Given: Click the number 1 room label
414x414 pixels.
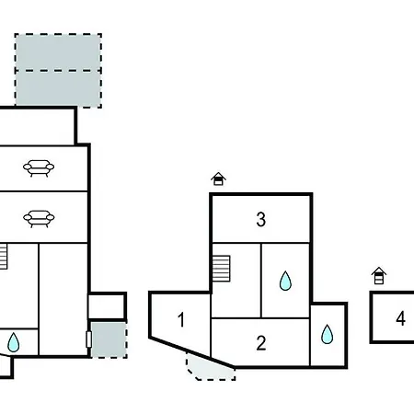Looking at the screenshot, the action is pyautogui.click(x=181, y=319).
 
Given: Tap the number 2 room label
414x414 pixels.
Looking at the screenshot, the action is pyautogui.click(x=261, y=343).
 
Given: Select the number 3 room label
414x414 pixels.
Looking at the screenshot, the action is pyautogui.click(x=261, y=219).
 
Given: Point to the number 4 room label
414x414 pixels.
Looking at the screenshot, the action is pyautogui.click(x=400, y=318).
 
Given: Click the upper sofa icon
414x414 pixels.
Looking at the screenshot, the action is pyautogui.click(x=39, y=168).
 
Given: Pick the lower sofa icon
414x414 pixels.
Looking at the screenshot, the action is pyautogui.click(x=39, y=219).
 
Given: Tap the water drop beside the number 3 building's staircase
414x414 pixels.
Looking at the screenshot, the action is pyautogui.click(x=285, y=281).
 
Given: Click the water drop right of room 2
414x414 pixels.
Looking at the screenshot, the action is pyautogui.click(x=327, y=334).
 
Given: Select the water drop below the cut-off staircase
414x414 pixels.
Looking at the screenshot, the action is pyautogui.click(x=13, y=342).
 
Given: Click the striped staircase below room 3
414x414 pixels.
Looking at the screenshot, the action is pyautogui.click(x=221, y=269).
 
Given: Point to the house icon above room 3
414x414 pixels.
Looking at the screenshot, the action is pyautogui.click(x=218, y=179).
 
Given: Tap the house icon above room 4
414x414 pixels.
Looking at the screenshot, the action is pyautogui.click(x=379, y=276).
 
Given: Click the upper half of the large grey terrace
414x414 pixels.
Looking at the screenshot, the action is pyautogui.click(x=58, y=52).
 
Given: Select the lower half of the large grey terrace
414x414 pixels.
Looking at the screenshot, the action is pyautogui.click(x=58, y=89).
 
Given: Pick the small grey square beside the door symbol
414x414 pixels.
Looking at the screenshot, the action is pyautogui.click(x=109, y=339).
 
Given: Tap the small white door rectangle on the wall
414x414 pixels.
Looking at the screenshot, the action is pyautogui.click(x=89, y=339).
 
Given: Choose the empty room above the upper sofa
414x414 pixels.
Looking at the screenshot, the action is pyautogui.click(x=37, y=127).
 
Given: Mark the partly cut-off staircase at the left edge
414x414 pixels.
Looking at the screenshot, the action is pyautogui.click(x=4, y=257).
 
